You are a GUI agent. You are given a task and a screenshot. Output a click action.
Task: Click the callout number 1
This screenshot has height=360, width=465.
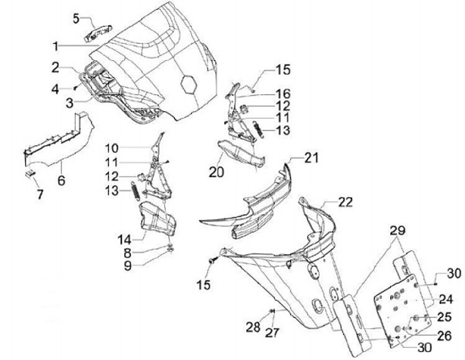point(56,46)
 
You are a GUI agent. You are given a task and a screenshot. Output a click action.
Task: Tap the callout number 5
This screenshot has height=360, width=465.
point(76,17)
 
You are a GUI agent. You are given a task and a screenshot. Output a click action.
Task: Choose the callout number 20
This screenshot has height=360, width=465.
point(215,172)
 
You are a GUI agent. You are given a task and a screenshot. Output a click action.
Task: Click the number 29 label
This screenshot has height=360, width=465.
point(397,231)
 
